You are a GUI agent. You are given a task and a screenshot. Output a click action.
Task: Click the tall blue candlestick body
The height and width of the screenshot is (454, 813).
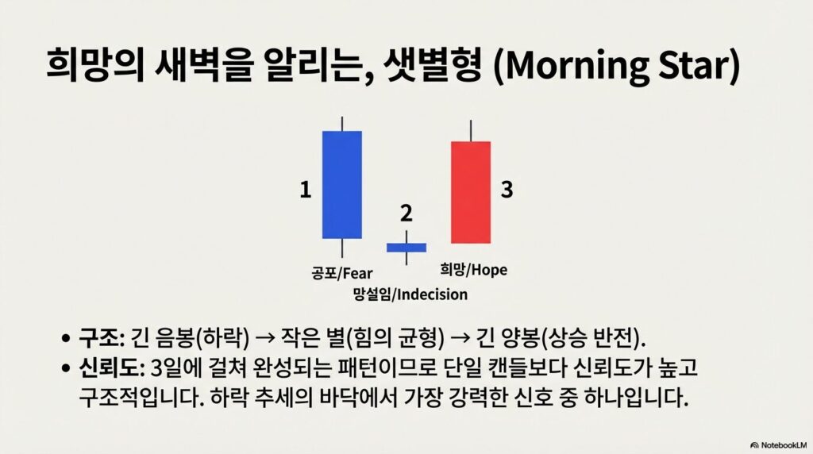click(x=341, y=184)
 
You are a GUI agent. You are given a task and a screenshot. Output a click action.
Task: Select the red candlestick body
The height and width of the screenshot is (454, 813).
click(x=470, y=192)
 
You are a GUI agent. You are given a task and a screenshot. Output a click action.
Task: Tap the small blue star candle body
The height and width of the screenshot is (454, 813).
click(x=406, y=248)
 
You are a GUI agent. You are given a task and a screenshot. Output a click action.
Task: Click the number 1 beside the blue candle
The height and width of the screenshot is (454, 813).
click(x=306, y=190)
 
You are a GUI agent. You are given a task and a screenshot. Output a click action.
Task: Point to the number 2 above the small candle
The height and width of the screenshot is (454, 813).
click(x=406, y=213)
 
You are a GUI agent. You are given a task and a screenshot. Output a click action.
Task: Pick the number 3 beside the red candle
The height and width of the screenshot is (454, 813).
click(x=507, y=189)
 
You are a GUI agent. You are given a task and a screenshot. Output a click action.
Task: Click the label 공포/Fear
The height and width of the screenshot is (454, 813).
click(x=341, y=273)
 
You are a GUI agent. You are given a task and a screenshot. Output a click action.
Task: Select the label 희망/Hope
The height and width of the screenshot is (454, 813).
click(x=473, y=270)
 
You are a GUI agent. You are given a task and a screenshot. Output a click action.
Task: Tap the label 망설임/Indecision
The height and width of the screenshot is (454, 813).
click(x=410, y=294)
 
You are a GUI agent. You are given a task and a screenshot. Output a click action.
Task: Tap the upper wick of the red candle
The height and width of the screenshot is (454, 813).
click(x=471, y=131)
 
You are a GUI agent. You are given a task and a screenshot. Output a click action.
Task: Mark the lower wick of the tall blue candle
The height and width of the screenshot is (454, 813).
click(x=342, y=248)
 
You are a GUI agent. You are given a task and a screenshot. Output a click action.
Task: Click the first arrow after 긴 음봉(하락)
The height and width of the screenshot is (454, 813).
click(x=265, y=339)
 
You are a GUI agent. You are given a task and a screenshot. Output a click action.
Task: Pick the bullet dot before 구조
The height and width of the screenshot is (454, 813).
click(x=65, y=339)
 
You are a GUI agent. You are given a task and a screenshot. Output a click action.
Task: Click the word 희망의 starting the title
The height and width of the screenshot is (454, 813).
click(x=95, y=65)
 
